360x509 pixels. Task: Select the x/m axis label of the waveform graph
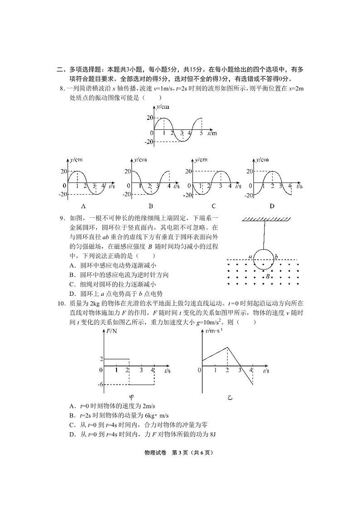[x=212, y=133]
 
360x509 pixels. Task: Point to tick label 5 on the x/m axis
[x=201, y=133]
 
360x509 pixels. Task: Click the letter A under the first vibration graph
[x=79, y=206]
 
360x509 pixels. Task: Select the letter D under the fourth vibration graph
[x=272, y=206]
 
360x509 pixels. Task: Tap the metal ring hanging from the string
[x=263, y=259]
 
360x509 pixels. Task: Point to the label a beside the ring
[x=250, y=256]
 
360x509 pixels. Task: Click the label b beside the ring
[x=276, y=256]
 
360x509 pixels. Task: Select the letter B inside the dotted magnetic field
[x=268, y=276]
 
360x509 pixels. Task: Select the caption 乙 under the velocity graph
[x=230, y=397]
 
